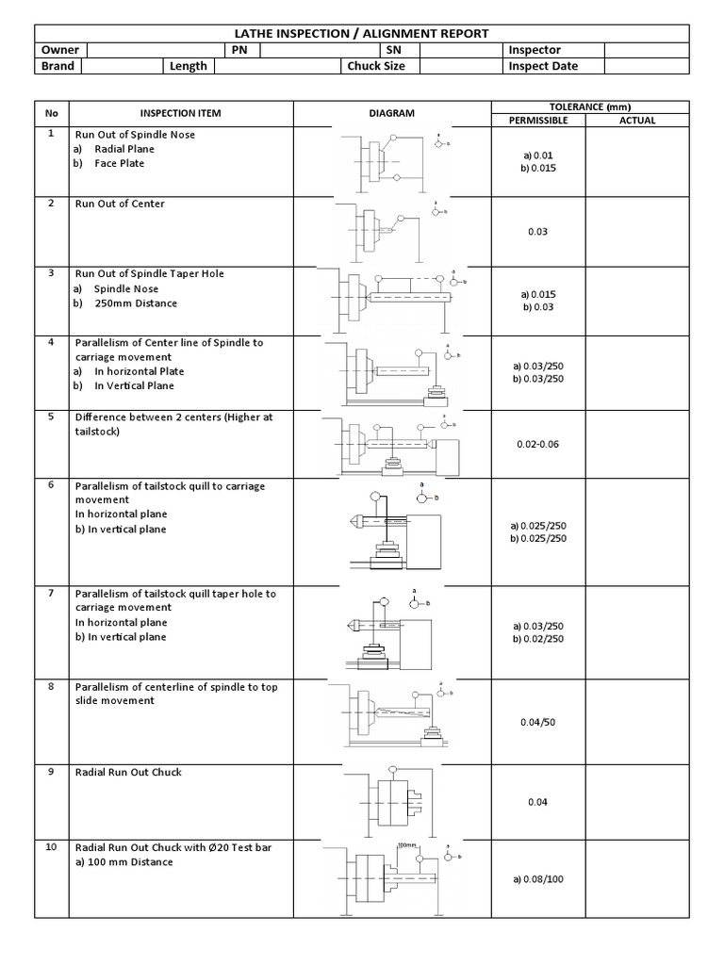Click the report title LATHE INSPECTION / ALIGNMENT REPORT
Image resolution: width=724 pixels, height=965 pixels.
362,34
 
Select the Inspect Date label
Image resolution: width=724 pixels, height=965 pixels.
543,66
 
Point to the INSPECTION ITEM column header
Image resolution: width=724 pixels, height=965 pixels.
180,113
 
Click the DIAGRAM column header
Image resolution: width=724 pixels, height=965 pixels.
391,113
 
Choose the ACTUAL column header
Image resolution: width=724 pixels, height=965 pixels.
637,121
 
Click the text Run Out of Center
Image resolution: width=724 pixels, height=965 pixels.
120,204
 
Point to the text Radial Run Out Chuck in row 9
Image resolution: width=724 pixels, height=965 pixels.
128,772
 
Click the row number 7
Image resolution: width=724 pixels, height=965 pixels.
51,592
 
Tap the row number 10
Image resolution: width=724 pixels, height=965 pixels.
52,847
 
